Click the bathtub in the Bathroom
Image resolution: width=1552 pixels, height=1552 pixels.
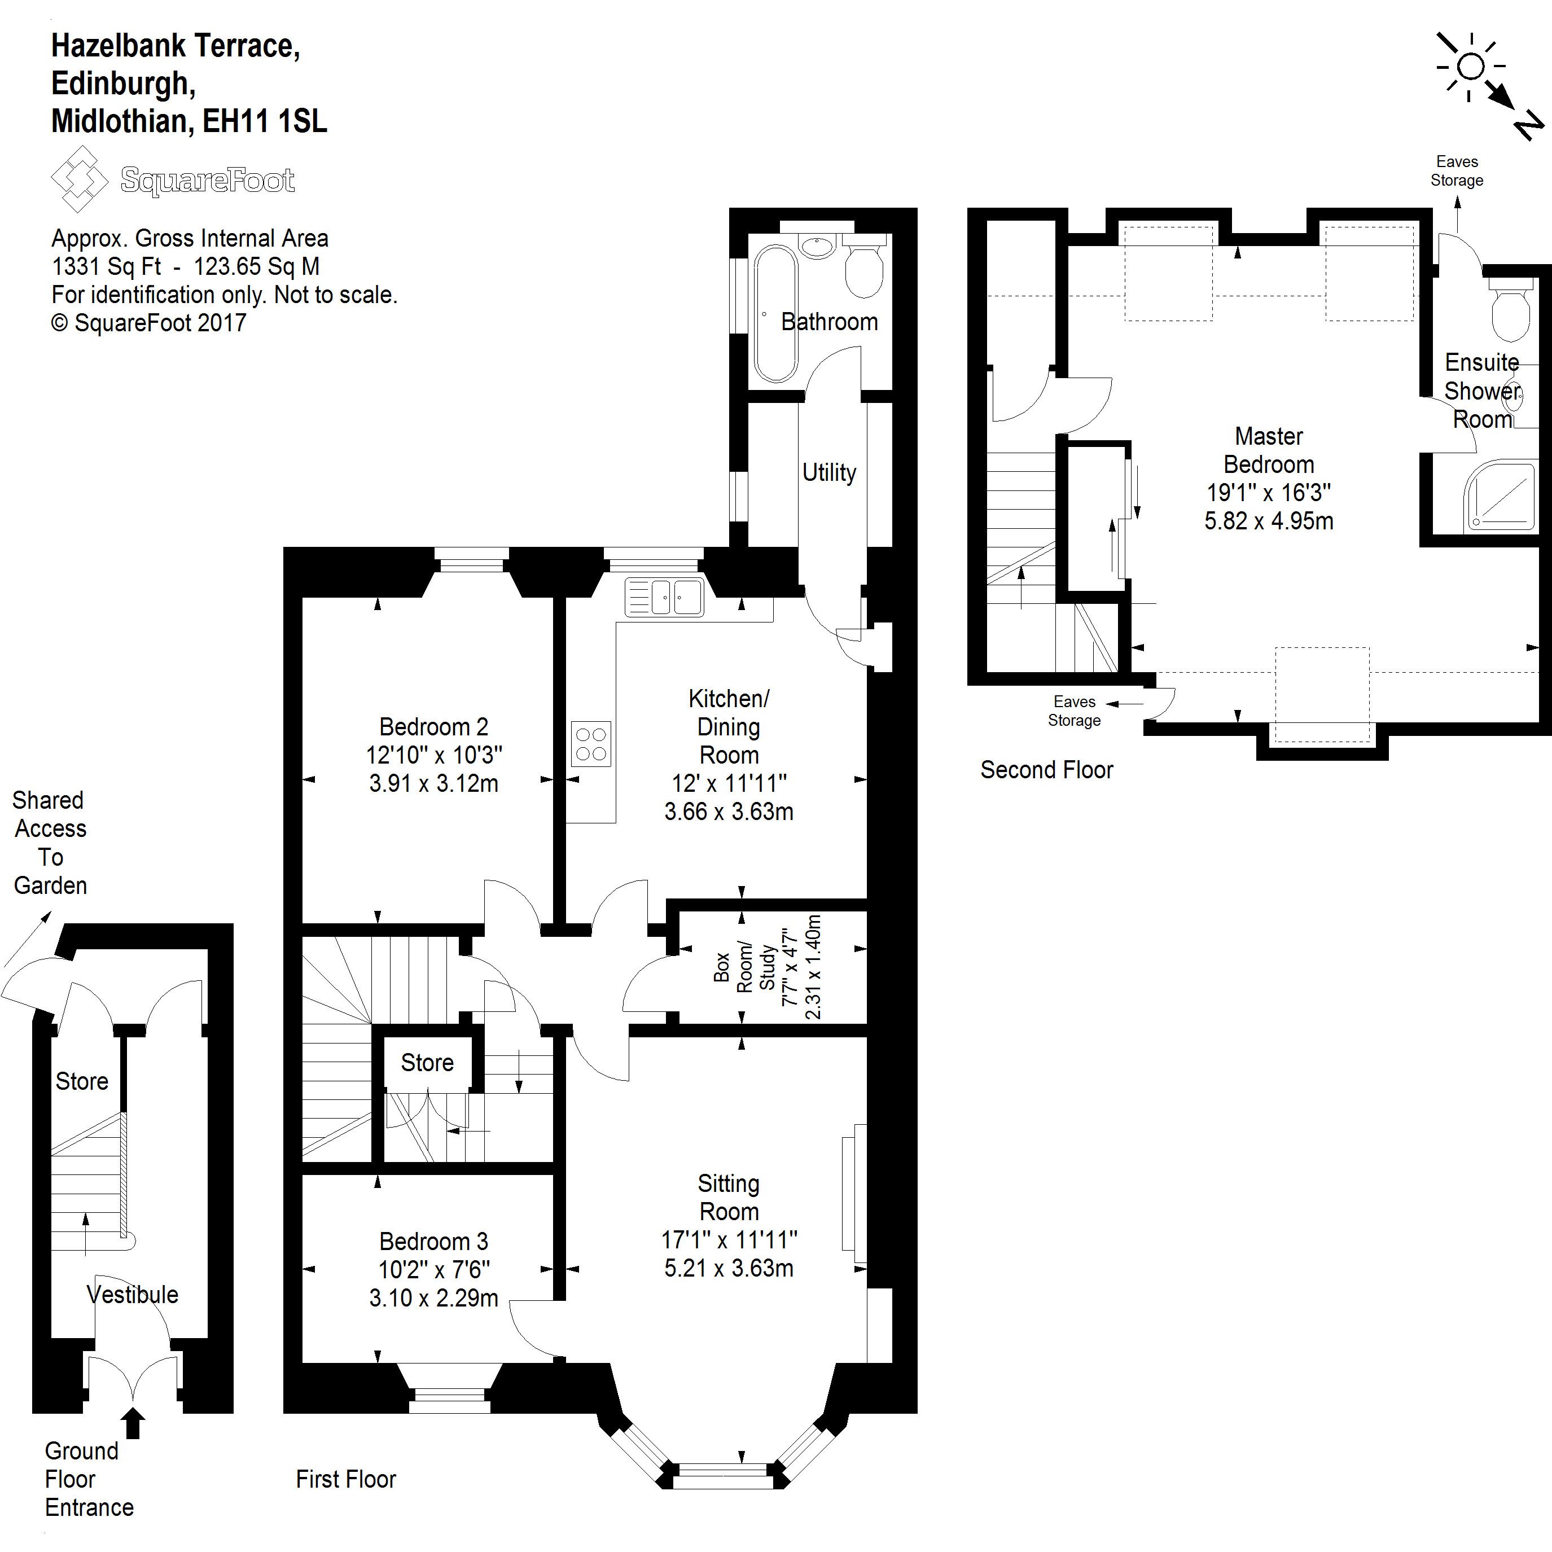[775, 313]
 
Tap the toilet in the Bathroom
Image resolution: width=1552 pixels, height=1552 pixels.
[865, 266]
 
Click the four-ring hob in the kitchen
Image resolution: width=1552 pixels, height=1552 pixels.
[591, 744]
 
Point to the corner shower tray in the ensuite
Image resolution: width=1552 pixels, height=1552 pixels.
[1499, 496]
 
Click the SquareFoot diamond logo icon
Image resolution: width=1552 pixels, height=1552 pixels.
[78, 178]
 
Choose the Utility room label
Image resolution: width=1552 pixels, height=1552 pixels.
[829, 472]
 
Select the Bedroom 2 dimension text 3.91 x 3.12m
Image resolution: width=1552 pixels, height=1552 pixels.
[434, 783]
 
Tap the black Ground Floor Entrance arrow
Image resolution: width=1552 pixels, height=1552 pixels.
[134, 1424]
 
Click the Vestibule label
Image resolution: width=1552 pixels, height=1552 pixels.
[133, 1294]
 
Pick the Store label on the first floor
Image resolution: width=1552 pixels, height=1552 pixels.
[427, 1063]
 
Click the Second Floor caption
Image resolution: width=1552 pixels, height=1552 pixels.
[1047, 770]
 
